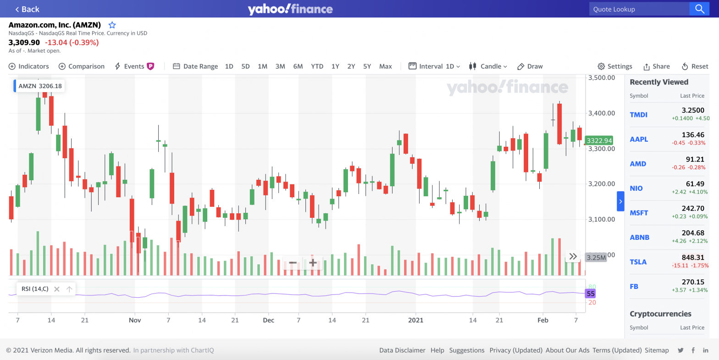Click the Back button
[x=27, y=9]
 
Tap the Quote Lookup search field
[x=639, y=9]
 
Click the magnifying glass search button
[x=699, y=9]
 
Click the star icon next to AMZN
[x=112, y=25]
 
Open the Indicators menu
[x=29, y=66]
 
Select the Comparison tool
[x=82, y=66]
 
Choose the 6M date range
[x=298, y=66]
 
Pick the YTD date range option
[x=317, y=66]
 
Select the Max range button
[x=385, y=66]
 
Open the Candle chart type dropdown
[x=488, y=66]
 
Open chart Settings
[x=615, y=66]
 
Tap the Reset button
[x=695, y=66]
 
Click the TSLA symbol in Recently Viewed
[x=638, y=262]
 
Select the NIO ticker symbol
[x=636, y=188]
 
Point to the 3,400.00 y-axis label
[x=601, y=113]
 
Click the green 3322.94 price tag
[x=599, y=141]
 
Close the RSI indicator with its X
[x=57, y=289]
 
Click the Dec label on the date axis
[x=268, y=320]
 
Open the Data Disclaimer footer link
[x=402, y=350]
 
